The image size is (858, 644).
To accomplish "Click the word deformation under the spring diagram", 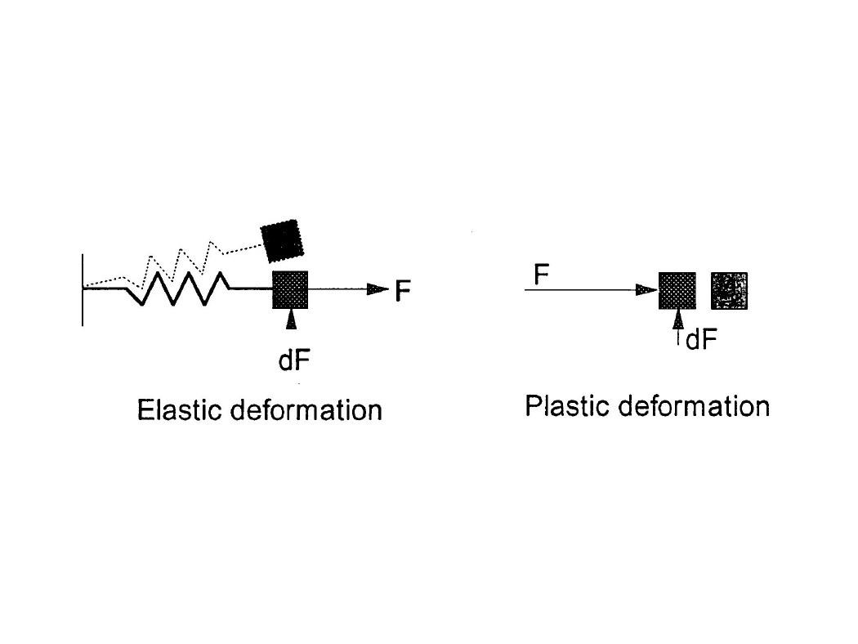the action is pos(306,409).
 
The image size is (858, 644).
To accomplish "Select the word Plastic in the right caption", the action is pos(565,406).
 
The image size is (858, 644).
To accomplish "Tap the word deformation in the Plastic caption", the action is pos(694,406).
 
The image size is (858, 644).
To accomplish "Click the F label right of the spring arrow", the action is pos(403,291).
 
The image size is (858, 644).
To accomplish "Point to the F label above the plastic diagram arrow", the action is pos(541,274).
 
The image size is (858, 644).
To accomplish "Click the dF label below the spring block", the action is pos(294,360).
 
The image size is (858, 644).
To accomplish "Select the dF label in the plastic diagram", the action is pos(701,340).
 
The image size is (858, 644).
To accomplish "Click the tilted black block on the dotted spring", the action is pos(282,241).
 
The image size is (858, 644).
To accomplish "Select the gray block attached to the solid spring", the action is pos(290,289).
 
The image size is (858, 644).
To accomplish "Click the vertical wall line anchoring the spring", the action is pos(83,290).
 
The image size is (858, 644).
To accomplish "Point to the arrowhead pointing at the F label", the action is pos(378,288).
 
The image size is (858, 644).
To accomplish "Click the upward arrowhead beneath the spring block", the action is pos(291,319).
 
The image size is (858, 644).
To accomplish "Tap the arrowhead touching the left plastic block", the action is pos(647,289).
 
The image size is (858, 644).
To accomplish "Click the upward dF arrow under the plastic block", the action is pos(678,327).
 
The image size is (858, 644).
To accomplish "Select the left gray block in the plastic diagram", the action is pos(677,291).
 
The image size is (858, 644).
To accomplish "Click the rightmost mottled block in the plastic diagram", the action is pos(730,291).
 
